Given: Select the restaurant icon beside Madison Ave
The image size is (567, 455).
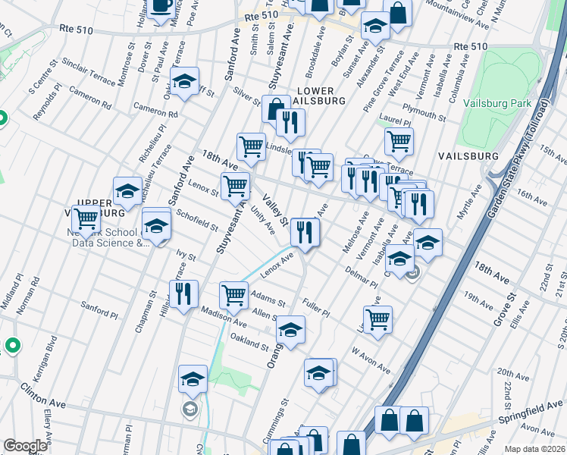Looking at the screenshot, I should [183, 294].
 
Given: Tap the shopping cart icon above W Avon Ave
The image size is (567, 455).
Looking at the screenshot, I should [377, 318].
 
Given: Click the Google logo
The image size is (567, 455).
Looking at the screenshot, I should [25, 446].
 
